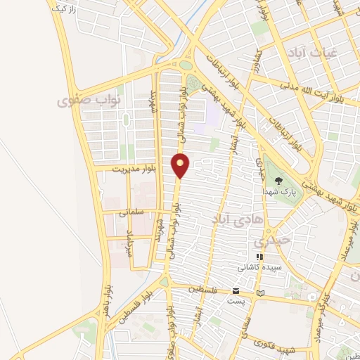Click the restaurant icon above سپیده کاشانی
259,257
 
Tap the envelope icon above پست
237,291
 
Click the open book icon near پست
262,292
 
